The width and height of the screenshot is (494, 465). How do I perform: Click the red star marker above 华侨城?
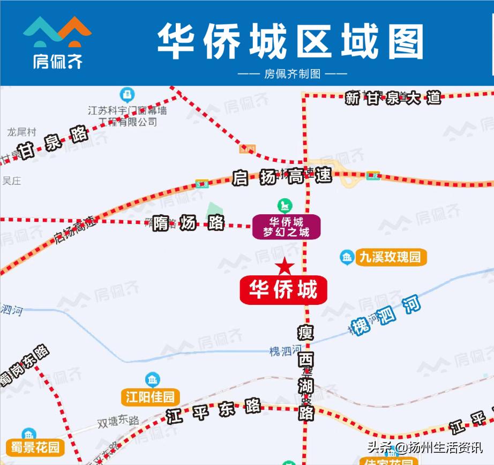point(285,266)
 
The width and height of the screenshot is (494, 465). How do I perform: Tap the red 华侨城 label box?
point(283,290)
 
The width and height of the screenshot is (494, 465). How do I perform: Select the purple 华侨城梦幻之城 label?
point(286,227)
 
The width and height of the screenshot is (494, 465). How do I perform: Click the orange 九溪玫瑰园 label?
point(390,257)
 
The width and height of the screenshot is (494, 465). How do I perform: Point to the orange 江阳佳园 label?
point(150,397)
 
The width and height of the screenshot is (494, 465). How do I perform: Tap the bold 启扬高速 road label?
point(282,177)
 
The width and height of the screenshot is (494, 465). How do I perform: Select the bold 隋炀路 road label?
point(188,222)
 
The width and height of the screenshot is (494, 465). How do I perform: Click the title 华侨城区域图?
point(290,41)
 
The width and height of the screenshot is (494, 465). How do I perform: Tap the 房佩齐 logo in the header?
point(57,43)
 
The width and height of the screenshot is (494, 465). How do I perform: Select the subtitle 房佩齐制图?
point(292,74)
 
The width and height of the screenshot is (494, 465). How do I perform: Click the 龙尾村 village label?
point(21,132)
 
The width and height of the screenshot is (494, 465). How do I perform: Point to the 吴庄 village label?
point(11,181)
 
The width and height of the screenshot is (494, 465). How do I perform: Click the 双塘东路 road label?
point(118,421)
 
